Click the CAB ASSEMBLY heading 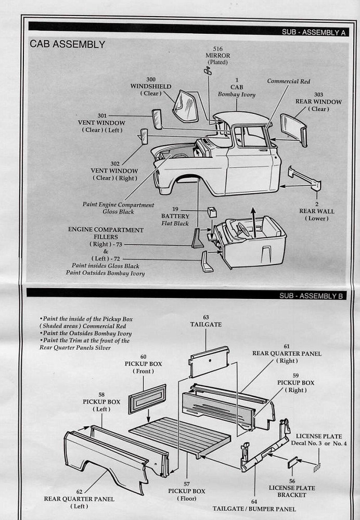click(x=67, y=45)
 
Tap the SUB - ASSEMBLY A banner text click(x=313, y=32)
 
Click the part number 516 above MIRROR click(x=217, y=49)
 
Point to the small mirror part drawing click(x=208, y=71)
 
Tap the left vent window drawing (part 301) click(x=157, y=119)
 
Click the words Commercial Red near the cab click(x=289, y=82)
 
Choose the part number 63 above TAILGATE click(x=206, y=317)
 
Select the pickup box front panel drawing click(x=147, y=398)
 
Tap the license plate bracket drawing click(x=293, y=462)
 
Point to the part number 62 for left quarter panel click(x=79, y=491)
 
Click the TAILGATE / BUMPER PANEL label click(x=254, y=509)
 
